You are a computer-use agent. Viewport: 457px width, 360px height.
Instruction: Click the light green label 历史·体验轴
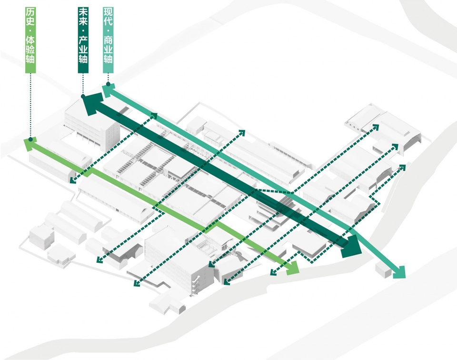(x=30, y=40)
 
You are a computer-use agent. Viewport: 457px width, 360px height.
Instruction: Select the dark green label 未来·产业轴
(x=83, y=40)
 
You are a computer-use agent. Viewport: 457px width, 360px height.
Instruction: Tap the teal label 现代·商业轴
(x=108, y=40)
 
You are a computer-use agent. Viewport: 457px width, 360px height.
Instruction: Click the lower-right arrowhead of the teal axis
(x=398, y=272)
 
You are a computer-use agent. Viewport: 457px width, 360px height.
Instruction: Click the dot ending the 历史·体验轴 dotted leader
(x=30, y=140)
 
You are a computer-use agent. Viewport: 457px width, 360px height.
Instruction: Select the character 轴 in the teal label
(x=108, y=59)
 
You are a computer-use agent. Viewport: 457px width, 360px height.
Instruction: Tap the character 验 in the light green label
(x=30, y=49)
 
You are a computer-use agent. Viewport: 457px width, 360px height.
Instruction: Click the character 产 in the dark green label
(x=83, y=40)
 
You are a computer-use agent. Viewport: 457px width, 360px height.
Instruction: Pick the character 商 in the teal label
(x=108, y=40)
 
